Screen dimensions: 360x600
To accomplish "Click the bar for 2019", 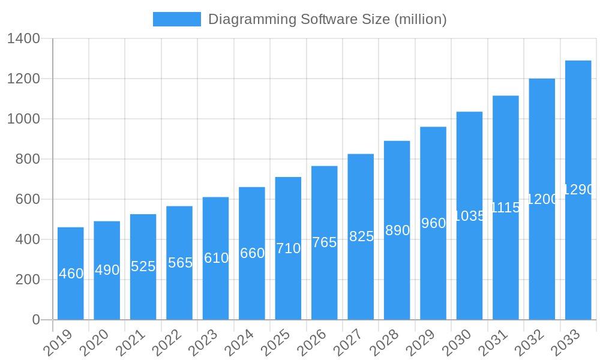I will pos(71,274).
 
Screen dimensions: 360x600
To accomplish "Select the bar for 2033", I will pos(578,190).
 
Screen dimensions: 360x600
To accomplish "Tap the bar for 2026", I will pos(324,242).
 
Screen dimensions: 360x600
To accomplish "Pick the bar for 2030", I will pos(469,215).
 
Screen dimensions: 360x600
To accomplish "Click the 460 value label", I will pos(71,274).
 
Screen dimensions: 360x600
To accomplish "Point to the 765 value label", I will pos(324,242).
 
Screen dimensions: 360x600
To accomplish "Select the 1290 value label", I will pos(578,190).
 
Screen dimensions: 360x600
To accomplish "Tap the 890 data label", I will pos(397,230).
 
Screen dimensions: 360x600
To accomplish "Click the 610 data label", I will pos(216,258).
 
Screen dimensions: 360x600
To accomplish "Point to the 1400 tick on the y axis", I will pos(23,39).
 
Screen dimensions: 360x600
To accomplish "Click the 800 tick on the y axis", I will pos(28,159).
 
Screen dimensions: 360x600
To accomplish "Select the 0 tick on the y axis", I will pos(36,320).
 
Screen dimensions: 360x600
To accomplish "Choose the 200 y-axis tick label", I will pos(28,280).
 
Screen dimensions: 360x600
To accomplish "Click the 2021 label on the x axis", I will pos(130,343).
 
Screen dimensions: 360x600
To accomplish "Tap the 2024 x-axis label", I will pos(239,343).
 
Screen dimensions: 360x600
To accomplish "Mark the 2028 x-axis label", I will pos(384,343).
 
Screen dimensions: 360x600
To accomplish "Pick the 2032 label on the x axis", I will pos(529,343).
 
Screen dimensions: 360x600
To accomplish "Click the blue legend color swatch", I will pos(177,19).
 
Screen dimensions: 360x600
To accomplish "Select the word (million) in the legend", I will pos(420,20).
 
